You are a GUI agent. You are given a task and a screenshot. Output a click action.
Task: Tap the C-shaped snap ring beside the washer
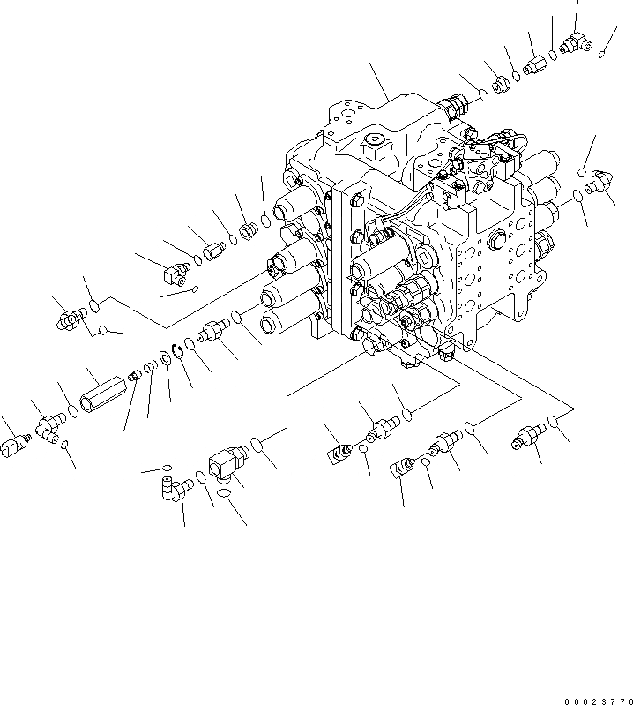point(177,352)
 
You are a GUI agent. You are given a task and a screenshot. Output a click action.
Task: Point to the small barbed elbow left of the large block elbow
point(180,487)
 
